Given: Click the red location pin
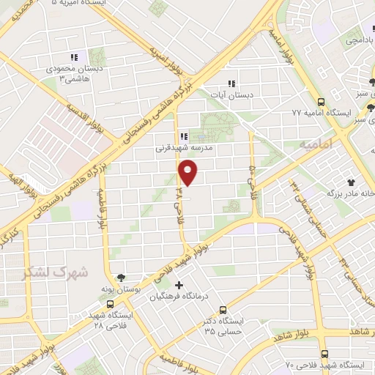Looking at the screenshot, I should [188, 173].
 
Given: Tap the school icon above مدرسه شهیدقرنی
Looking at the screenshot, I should [184, 135].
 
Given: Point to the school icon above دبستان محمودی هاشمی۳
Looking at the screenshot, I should [73, 57].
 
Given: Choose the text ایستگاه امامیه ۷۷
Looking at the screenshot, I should [297, 114].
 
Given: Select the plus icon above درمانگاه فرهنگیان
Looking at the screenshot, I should [179, 285].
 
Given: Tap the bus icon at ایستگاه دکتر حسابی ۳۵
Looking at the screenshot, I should [223, 310].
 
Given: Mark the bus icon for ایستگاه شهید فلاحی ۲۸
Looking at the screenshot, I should [110, 304].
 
